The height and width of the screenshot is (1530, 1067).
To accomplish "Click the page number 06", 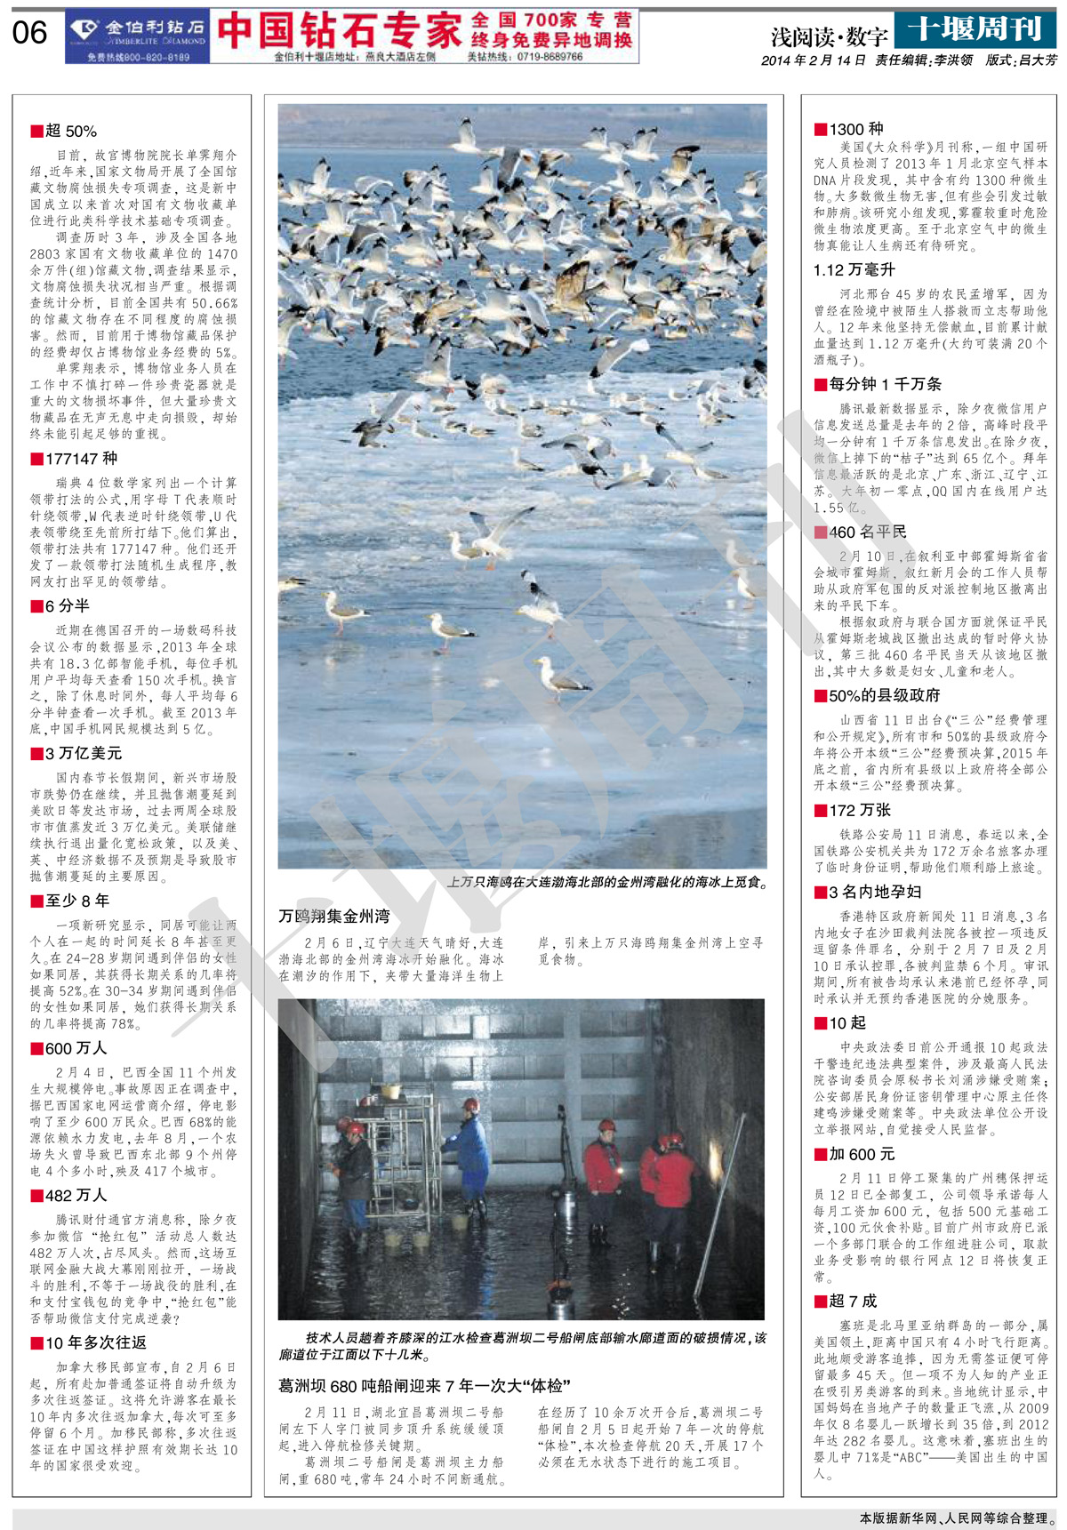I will tap(29, 34).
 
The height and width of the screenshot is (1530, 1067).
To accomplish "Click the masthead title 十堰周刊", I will tap(975, 29).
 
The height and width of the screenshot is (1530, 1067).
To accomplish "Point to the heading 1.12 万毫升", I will tap(854, 269).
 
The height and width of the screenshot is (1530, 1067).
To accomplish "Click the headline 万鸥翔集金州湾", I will tap(333, 917).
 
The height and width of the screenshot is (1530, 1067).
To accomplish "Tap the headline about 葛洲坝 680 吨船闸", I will tap(424, 1386).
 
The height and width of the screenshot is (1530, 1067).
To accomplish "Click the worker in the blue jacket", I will tap(470, 1151).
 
